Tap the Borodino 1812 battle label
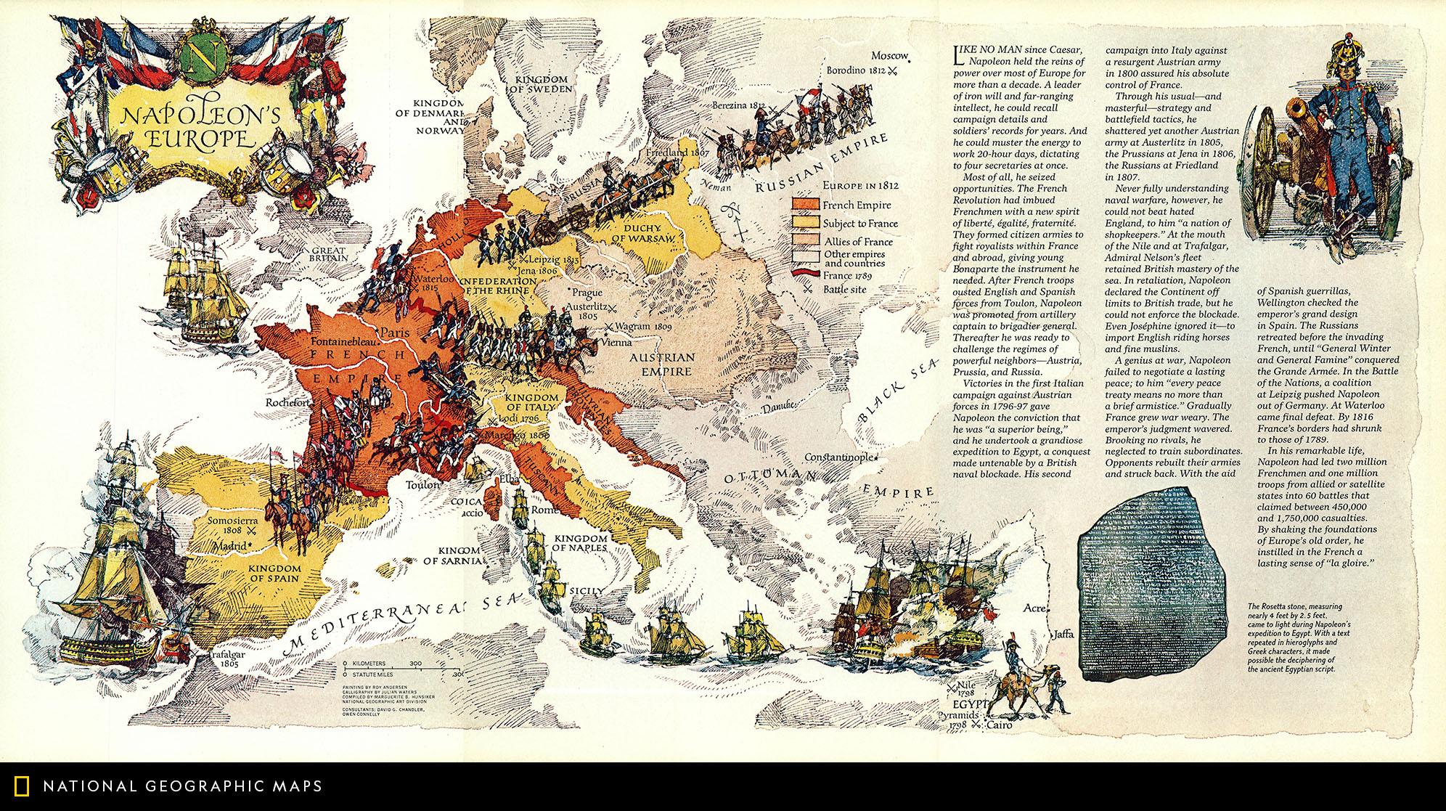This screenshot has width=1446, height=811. [x=857, y=70]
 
